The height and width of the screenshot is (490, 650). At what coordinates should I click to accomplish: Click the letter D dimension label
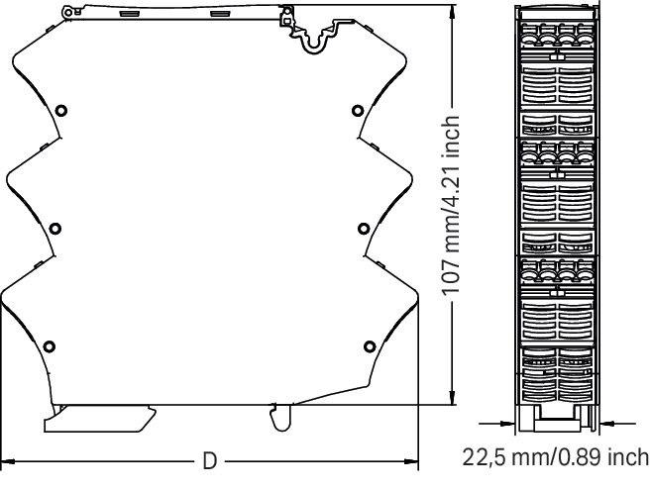pyautogui.click(x=210, y=460)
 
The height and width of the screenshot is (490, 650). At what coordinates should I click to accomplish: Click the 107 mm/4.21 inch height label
pyautogui.click(x=451, y=205)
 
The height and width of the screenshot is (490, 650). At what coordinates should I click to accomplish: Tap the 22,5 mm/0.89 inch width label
pyautogui.click(x=556, y=457)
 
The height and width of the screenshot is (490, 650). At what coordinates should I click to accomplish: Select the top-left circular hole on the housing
pyautogui.click(x=61, y=111)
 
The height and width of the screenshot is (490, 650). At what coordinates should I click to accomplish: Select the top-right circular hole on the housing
pyautogui.click(x=358, y=111)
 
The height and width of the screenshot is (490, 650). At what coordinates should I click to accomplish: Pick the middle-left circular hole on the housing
pyautogui.click(x=55, y=229)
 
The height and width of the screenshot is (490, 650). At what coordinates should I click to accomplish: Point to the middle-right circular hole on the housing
pyautogui.click(x=364, y=229)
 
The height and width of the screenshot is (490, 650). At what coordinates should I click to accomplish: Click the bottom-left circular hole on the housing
pyautogui.click(x=50, y=346)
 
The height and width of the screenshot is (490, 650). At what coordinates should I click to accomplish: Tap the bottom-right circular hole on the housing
pyautogui.click(x=370, y=346)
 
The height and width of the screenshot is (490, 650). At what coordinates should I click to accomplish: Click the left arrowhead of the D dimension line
pyautogui.click(x=8, y=461)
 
